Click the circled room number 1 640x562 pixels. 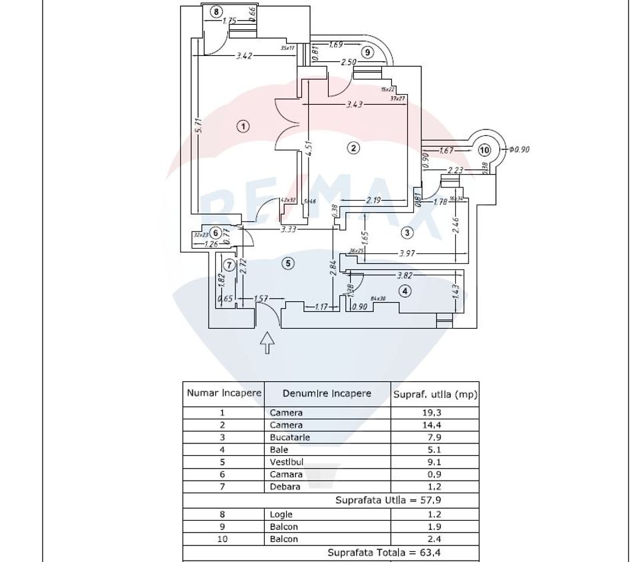click(x=244, y=126)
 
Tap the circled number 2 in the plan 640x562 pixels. click(x=353, y=148)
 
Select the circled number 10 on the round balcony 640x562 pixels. click(x=485, y=150)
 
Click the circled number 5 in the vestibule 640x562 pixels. click(x=288, y=263)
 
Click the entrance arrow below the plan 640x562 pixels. click(x=267, y=342)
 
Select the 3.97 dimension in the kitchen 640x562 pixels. click(x=407, y=254)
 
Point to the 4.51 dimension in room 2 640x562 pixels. click(x=309, y=147)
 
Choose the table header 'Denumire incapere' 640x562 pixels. click(x=327, y=393)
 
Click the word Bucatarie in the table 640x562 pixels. click(x=289, y=437)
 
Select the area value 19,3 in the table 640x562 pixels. click(x=435, y=413)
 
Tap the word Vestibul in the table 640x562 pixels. click(x=287, y=462)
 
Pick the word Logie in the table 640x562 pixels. click(x=281, y=514)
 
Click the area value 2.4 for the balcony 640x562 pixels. click(x=435, y=539)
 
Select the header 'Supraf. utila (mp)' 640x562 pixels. click(x=435, y=395)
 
